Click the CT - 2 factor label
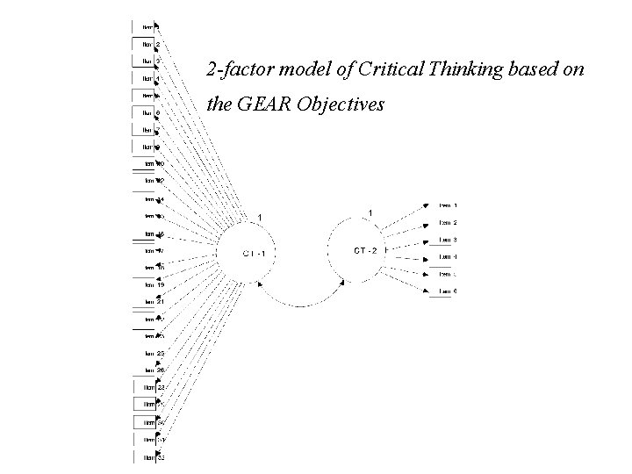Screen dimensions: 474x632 (366, 250)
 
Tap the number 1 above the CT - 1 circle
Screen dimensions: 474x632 (260, 217)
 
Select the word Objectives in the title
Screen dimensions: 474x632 (341, 104)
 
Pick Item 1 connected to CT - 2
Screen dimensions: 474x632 (448, 205)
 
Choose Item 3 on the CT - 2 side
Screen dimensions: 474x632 (448, 240)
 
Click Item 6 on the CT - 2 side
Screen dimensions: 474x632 (448, 291)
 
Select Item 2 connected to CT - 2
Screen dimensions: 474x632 (448, 222)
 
